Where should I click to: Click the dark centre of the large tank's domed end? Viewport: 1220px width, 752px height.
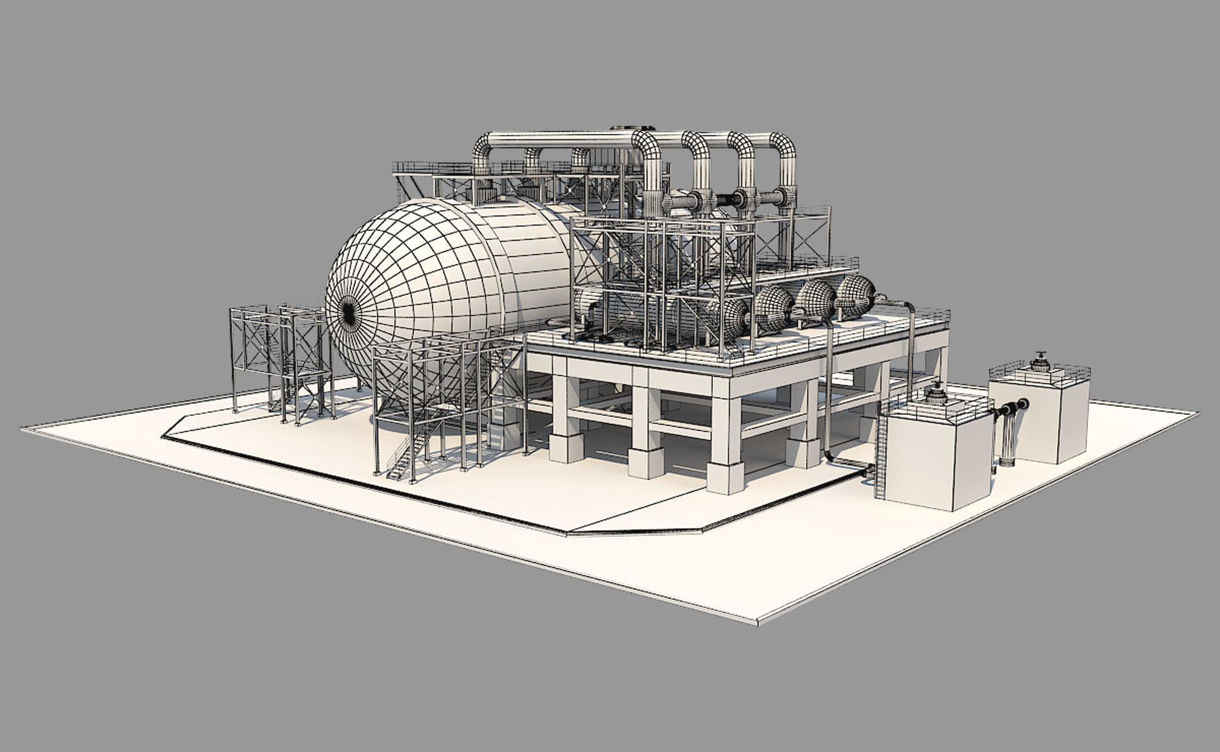tap(348, 312)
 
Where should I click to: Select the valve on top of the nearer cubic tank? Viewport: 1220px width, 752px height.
tap(936, 395)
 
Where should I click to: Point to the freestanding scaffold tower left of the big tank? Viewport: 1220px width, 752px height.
tap(281, 360)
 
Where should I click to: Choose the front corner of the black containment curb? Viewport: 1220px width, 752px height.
tap(566, 533)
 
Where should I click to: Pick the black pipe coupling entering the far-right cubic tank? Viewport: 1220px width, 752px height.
tap(1017, 404)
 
